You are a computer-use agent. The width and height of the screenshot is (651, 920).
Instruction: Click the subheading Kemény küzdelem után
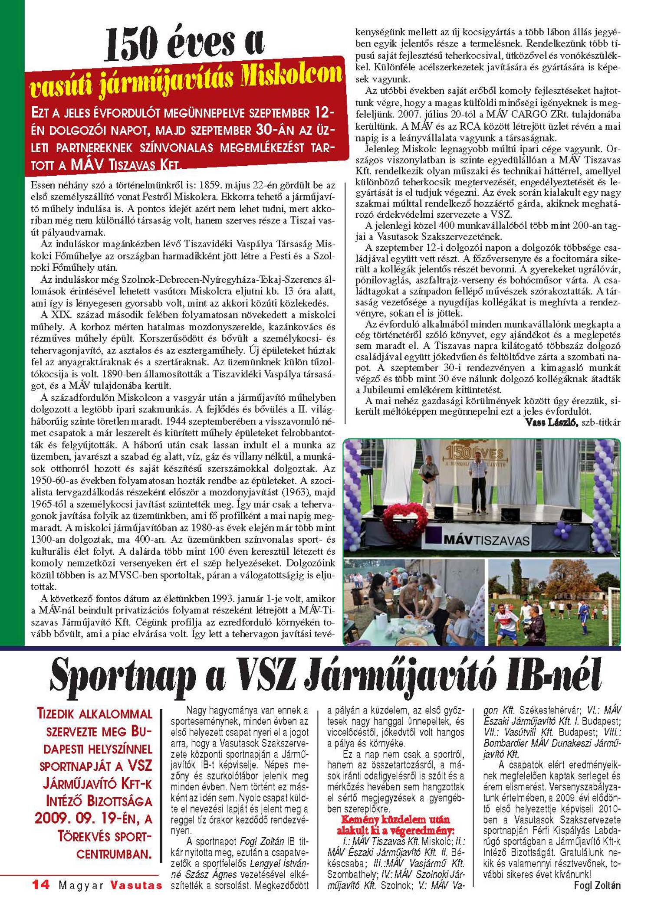395,819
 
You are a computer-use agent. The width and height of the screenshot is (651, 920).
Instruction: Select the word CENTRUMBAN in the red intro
114,854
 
